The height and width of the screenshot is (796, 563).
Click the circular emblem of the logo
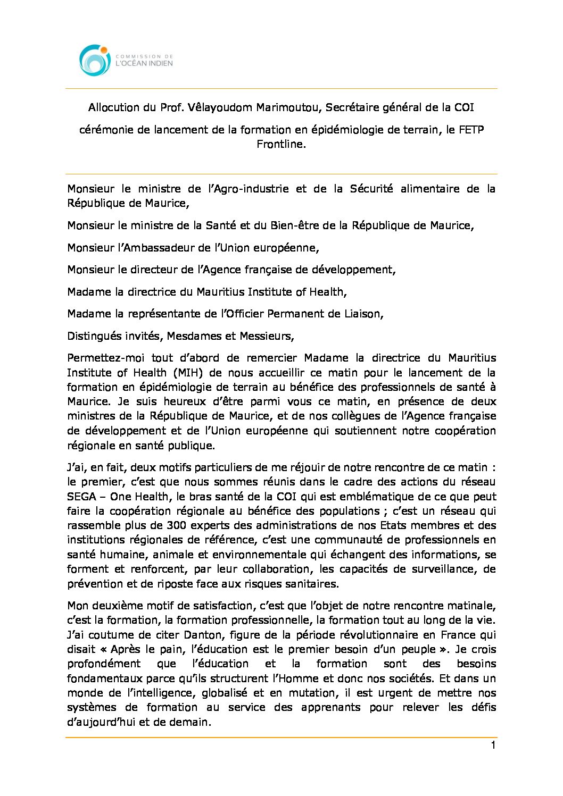pyautogui.click(x=95, y=60)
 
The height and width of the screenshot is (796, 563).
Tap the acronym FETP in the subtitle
pyautogui.click(x=471, y=130)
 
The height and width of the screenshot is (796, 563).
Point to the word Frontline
pyautogui.click(x=281, y=144)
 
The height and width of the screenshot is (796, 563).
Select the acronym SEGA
pyautogui.click(x=81, y=497)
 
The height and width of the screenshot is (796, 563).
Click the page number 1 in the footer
pyautogui.click(x=493, y=745)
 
